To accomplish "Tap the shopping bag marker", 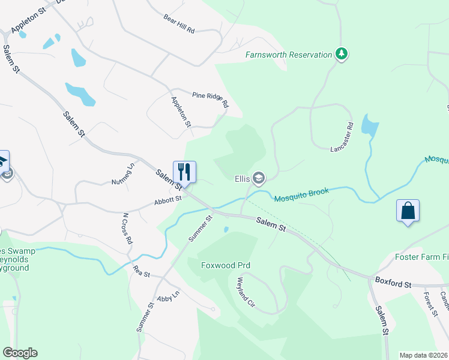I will coord(408,211).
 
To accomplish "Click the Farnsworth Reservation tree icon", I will coord(342,55).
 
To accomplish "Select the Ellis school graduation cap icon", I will coord(259,178).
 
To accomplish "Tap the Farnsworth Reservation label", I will coord(289,55).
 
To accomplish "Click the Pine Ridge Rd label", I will coord(211,100).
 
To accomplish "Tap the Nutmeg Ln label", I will coord(122,173).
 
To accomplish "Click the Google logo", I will coord(20,353).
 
